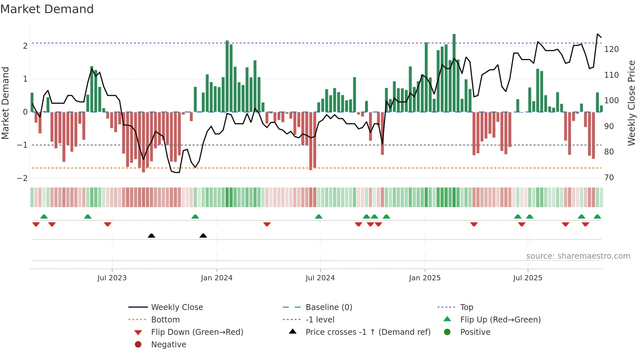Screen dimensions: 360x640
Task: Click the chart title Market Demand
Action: coord(47,9)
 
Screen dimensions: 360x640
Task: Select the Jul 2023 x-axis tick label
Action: coord(112,278)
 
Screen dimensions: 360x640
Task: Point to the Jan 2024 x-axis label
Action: coord(216,278)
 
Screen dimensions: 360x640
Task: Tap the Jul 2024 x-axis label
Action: coord(320,278)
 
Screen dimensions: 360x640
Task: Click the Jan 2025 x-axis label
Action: coord(424,278)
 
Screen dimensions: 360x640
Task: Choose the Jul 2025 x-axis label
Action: coord(528,278)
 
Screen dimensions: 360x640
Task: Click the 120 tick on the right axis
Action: coord(611,49)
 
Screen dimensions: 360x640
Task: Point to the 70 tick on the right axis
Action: coord(609,178)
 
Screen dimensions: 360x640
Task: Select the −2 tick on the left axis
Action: coord(22,178)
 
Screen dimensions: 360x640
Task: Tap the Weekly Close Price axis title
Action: coord(632,103)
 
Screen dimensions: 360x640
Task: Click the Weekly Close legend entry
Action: coord(177,307)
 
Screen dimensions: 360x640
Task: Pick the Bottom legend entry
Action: coord(165,320)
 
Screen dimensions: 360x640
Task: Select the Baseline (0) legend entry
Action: coord(329,307)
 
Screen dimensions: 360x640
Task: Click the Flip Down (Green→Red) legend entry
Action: coord(197,332)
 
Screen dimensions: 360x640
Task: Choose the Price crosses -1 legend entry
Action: coord(368,332)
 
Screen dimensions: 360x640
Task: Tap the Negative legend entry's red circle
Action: coord(138,345)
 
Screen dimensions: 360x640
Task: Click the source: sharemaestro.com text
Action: coord(578,256)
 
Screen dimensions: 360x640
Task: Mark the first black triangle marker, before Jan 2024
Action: coord(151,236)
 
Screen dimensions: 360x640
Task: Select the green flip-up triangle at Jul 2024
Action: coord(319,217)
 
